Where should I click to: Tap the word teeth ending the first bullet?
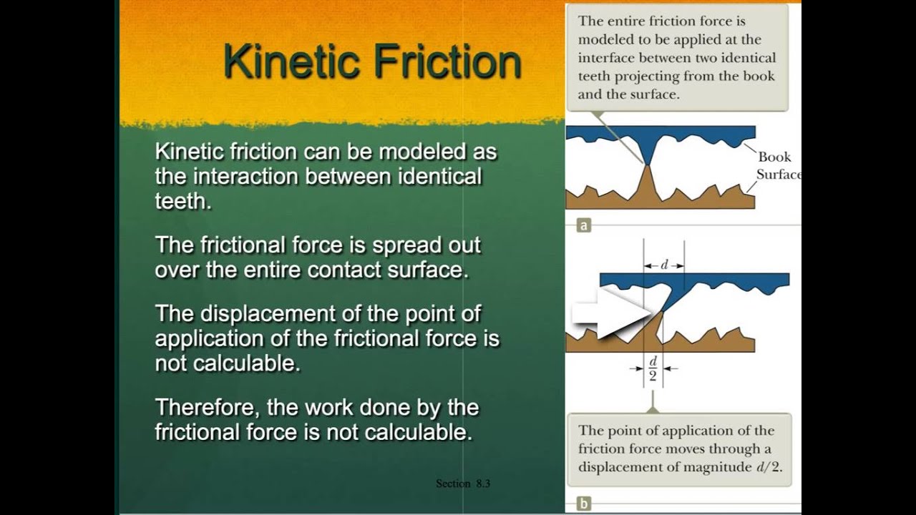tap(182, 201)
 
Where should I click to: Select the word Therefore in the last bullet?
tap(207, 408)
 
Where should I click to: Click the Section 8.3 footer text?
tap(463, 484)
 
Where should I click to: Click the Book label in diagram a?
tap(774, 157)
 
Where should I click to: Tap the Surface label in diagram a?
tap(778, 174)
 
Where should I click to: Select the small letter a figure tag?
tap(584, 226)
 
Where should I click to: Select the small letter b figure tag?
tap(584, 504)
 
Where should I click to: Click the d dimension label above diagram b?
tap(664, 265)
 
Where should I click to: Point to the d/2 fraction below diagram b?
tap(653, 369)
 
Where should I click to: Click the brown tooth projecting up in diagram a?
tap(648, 187)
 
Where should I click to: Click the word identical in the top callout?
tap(749, 58)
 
